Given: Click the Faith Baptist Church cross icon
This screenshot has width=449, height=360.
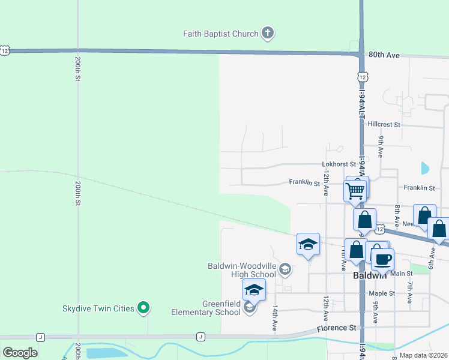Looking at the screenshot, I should click(268, 34).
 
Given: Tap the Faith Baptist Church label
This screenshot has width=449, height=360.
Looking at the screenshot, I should click(220, 34).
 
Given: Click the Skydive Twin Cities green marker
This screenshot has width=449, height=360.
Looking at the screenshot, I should click(143, 308).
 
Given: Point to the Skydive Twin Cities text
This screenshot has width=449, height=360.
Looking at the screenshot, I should click(98, 308).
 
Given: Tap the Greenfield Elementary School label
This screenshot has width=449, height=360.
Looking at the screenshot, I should click(205, 308).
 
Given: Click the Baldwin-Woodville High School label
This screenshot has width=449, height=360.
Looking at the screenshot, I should click(242, 270).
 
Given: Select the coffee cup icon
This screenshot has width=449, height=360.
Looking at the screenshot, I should click(382, 259).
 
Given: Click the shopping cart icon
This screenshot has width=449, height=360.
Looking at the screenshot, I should click(355, 191).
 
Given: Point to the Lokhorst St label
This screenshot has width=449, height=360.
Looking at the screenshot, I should click(339, 164).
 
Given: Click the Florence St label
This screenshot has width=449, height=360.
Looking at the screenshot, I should click(337, 328).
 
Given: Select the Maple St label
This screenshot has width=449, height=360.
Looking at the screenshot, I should click(382, 293).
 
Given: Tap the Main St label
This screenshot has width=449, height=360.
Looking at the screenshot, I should click(402, 274).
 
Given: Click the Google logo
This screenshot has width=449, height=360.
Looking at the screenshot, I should click(20, 352).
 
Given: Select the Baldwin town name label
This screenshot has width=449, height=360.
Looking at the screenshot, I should click(369, 275).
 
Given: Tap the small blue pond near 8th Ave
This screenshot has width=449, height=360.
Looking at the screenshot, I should click(425, 169).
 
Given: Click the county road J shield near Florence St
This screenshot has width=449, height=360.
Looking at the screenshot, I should click(200, 337).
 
